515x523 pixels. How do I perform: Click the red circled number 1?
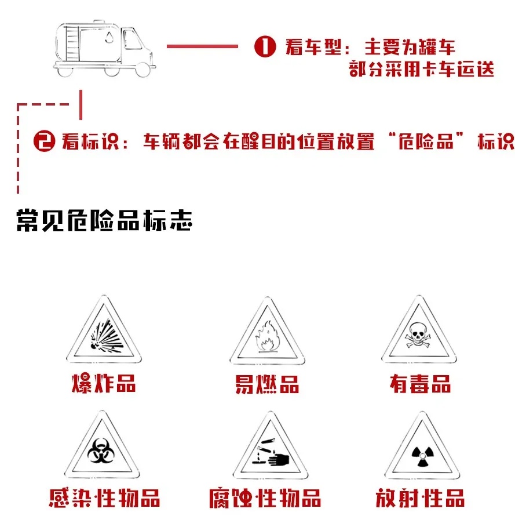pos(265,46)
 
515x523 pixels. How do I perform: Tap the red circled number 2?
pos(45,141)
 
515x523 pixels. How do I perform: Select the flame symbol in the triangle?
pos(267,336)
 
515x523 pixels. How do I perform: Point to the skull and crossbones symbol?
pos(418,335)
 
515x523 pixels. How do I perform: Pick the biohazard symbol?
pos(101,451)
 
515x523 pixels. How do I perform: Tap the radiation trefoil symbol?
pos(422,455)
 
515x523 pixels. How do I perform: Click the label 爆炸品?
pos(104,383)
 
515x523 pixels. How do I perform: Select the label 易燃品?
pos(267,384)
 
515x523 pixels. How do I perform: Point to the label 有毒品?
pos(421,384)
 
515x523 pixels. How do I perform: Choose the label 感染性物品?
pos(104,497)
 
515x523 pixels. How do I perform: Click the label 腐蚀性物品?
pos(265,498)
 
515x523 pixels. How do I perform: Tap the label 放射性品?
pos(420,498)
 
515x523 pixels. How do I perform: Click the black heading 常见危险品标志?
pos(104,220)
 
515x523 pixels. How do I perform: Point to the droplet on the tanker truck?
pos(109,37)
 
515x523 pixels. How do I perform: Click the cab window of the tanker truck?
pos(133,39)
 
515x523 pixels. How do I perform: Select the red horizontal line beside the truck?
pos(202,46)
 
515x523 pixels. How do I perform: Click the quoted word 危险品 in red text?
pos(426,141)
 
